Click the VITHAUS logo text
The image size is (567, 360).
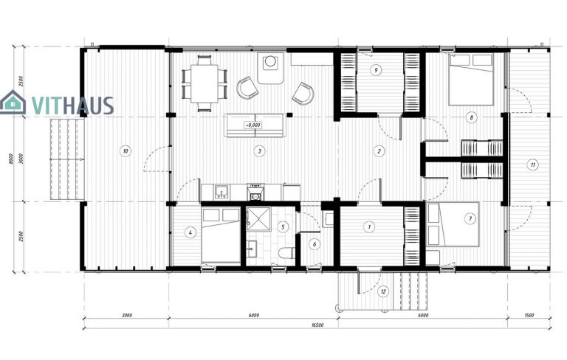[72, 105]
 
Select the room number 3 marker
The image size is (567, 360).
[258, 151]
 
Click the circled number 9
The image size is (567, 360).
[377, 70]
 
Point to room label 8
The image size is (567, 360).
[470, 117]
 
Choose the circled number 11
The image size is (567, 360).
[532, 165]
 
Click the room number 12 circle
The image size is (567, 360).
[382, 291]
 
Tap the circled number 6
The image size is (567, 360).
[314, 244]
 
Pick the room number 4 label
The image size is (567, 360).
[190, 233]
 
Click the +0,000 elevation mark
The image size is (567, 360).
[253, 125]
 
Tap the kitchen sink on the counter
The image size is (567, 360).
[221, 193]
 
